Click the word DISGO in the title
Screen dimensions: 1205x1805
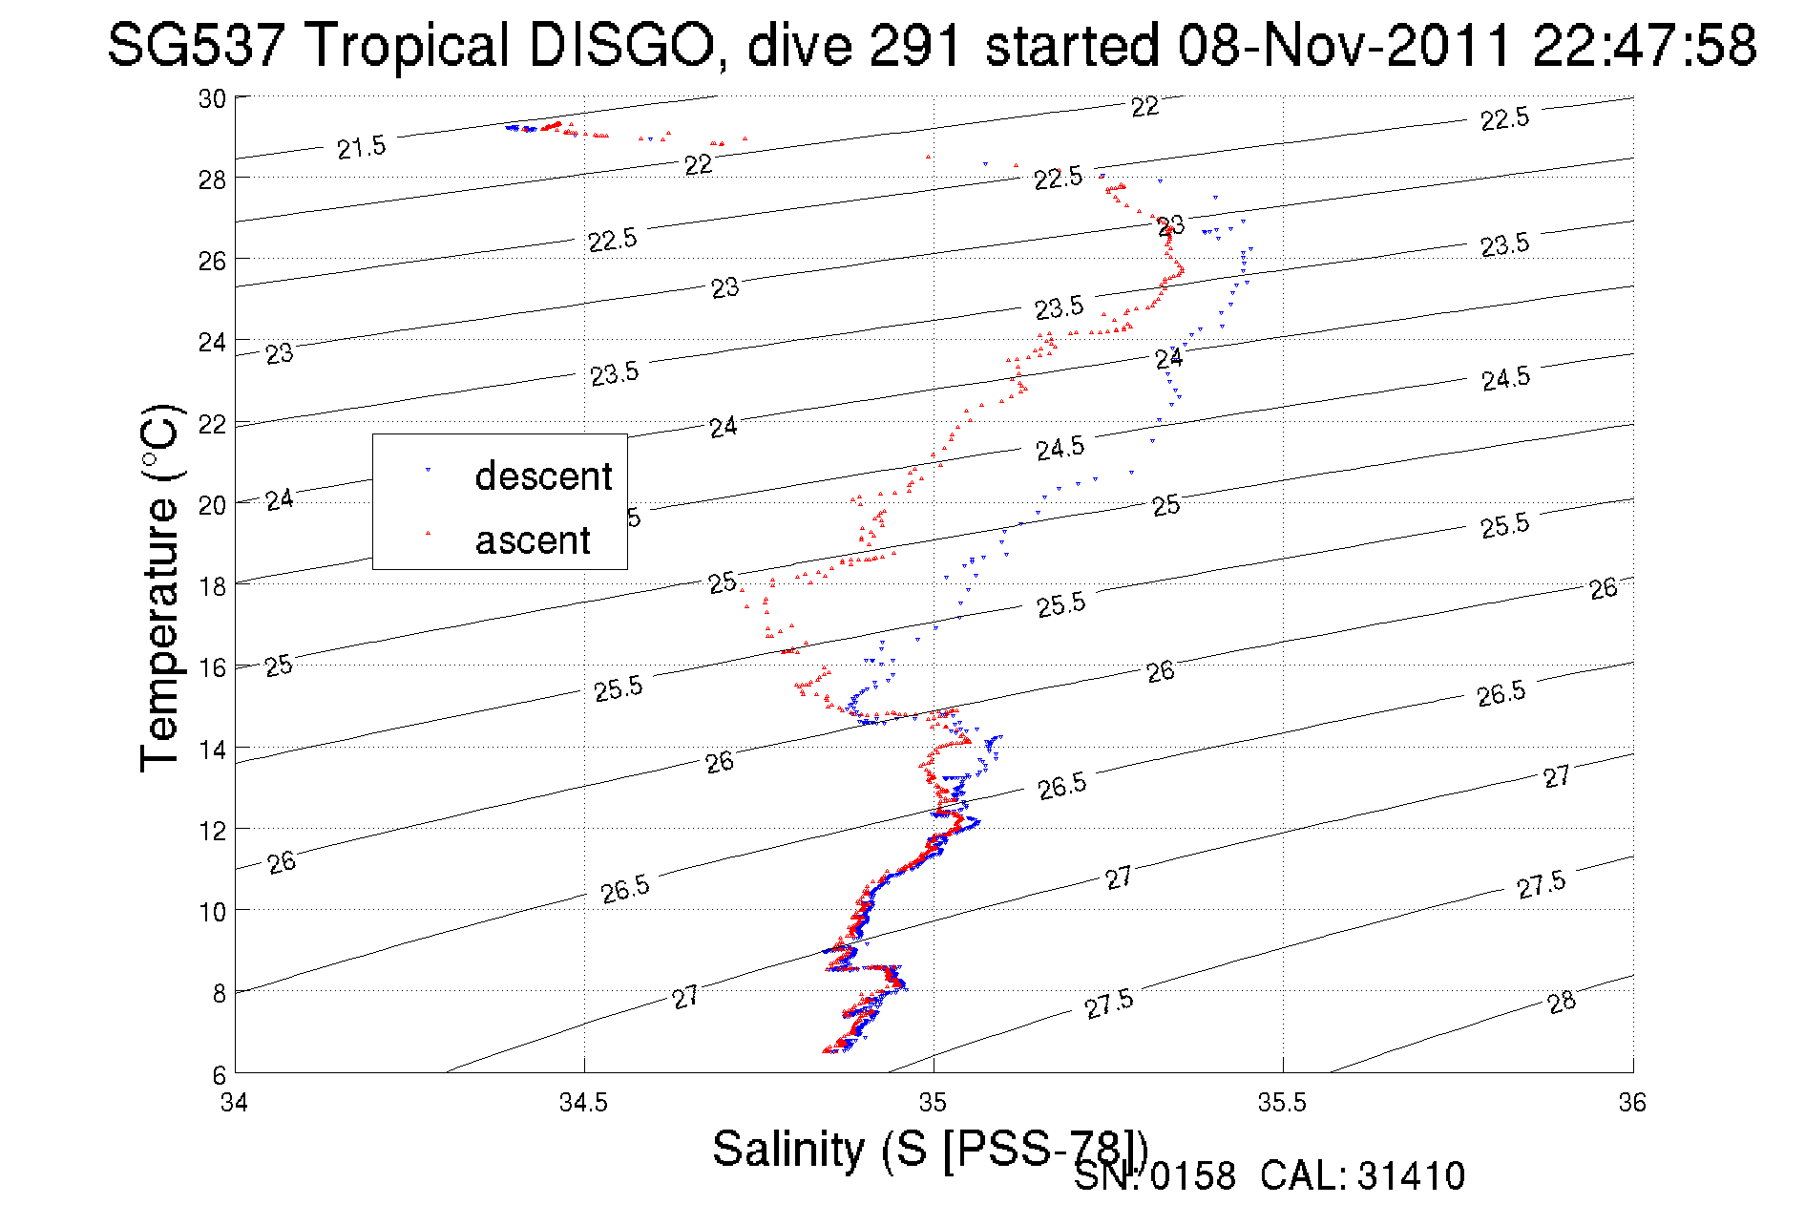tap(620, 45)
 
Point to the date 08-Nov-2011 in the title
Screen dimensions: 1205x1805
tap(1344, 45)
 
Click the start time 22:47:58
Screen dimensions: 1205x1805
tap(1644, 45)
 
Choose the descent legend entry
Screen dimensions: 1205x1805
tap(542, 476)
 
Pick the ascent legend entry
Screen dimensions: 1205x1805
tap(533, 540)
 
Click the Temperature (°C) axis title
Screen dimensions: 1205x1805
tap(160, 587)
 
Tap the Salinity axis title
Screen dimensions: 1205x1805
tap(929, 1148)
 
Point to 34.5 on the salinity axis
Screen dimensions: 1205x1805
tap(583, 1103)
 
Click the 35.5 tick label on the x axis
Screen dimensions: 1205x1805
tap(1282, 1103)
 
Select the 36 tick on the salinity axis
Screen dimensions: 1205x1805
tap(1632, 1103)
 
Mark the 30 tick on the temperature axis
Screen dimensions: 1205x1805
tap(212, 98)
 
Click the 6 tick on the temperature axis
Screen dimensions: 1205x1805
tap(220, 1074)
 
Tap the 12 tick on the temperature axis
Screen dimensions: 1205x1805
tap(212, 831)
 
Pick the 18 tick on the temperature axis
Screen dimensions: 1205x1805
tap(212, 586)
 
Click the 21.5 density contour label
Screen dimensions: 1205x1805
tap(362, 147)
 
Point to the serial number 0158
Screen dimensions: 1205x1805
tap(1192, 1176)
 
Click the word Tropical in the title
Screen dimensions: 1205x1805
tap(407, 45)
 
